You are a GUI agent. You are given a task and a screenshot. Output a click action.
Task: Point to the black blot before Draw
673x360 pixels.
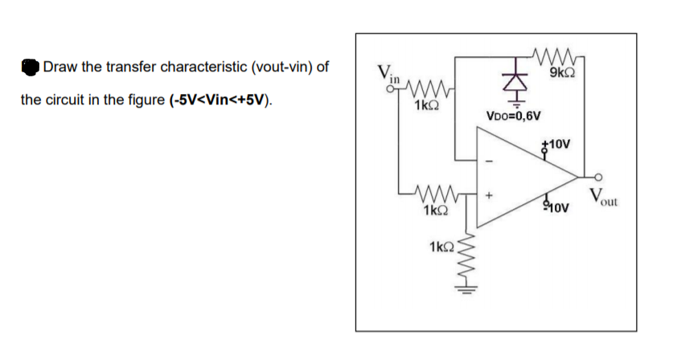click(x=31, y=67)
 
